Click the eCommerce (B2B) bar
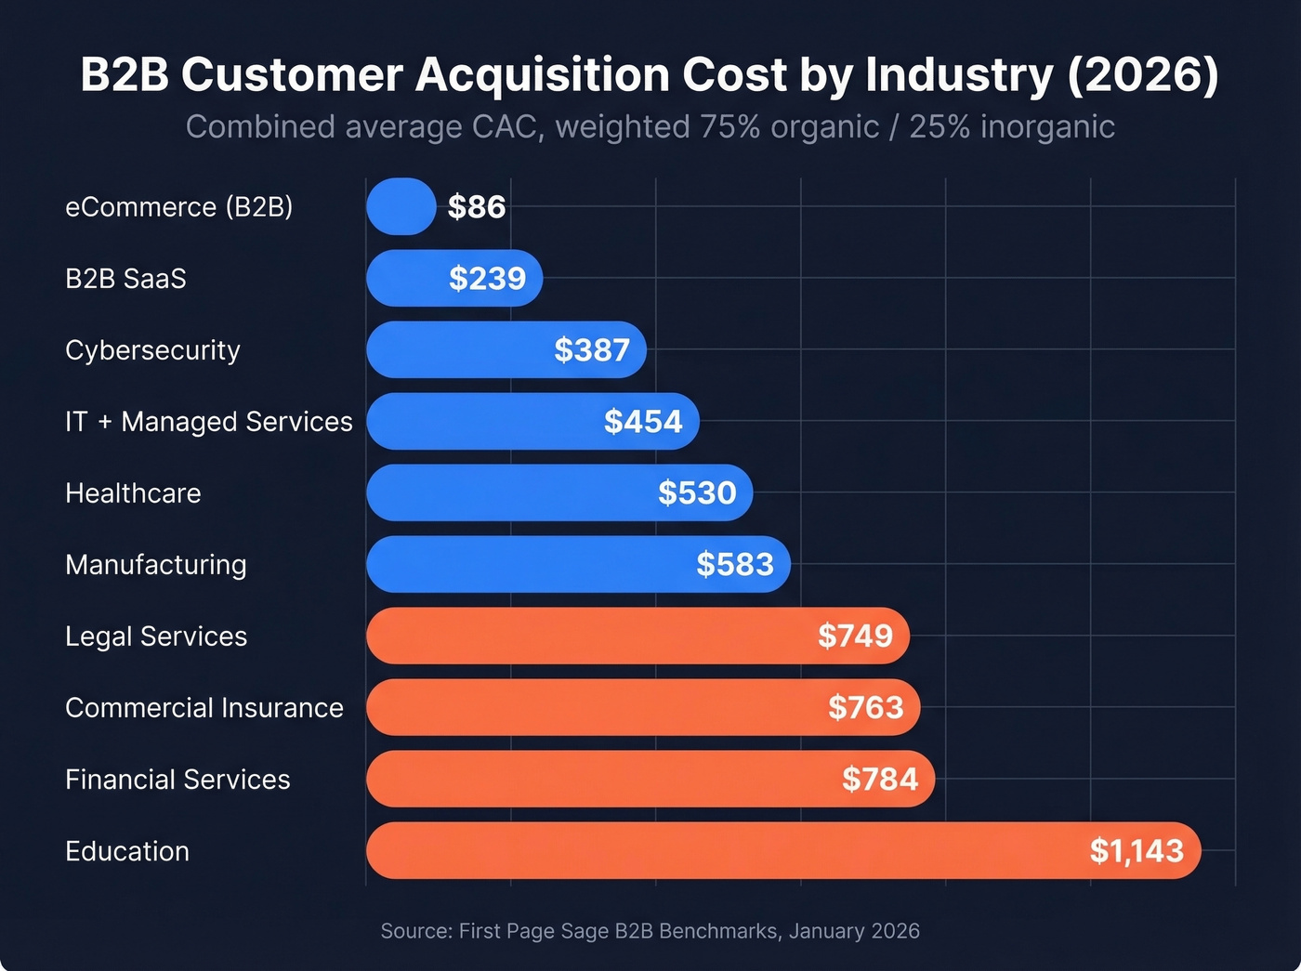[401, 206]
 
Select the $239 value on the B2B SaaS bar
[487, 278]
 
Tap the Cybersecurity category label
[152, 350]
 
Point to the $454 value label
[643, 422]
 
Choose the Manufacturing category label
[156, 565]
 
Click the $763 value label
[865, 708]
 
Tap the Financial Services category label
[177, 780]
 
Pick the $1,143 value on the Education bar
[1137, 851]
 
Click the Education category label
[127, 851]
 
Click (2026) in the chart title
[1142, 75]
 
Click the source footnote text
[650, 931]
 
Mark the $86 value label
[477, 206]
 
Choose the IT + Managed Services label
[209, 422]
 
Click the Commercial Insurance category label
[204, 708]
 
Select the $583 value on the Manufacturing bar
[735, 565]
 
